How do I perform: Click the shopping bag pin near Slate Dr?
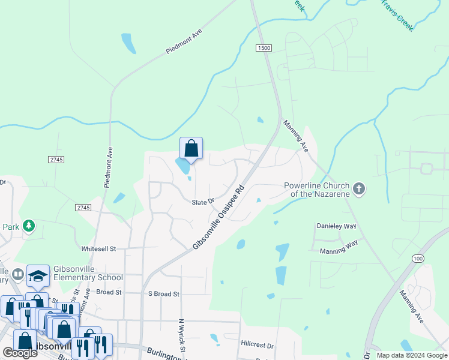pos(191,148)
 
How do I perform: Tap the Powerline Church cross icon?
pos(359,189)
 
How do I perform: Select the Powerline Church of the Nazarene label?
pos(317,189)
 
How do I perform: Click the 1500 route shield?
pos(264,48)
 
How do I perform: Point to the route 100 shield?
pos(418,257)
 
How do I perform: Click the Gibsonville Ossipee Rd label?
pos(220,217)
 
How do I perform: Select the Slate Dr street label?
pos(203,202)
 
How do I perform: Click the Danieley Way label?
pos(336,226)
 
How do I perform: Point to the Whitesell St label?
pos(98,248)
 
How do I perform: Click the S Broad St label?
pos(163,294)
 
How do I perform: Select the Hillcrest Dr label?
pos(257,346)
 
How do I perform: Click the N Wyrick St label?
pos(182,336)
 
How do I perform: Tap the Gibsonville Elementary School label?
pos(88,273)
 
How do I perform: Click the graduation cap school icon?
pos(38,275)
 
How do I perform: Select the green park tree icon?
pos(28,227)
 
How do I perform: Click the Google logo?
pos(20,353)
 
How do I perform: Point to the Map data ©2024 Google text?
pos(411,355)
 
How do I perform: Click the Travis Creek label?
pos(398,15)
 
